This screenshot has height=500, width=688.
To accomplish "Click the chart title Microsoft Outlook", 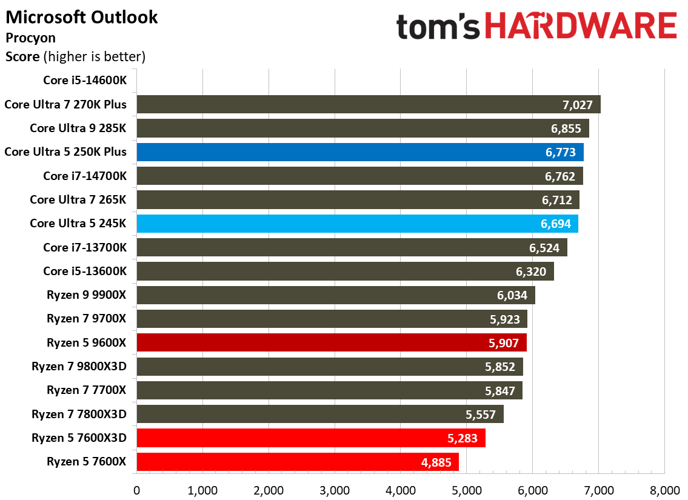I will pos(82,17).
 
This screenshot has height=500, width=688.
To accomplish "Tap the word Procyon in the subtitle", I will pos(30,38).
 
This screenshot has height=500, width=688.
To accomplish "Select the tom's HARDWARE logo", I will pos(536,27).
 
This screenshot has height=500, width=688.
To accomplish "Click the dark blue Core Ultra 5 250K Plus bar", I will pos(360,152).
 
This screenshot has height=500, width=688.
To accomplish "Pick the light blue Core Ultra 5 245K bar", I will pos(357,224).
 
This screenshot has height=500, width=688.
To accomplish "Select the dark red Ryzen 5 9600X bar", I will pos(332,342).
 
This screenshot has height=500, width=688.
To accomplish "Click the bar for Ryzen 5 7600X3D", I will pos(311,438).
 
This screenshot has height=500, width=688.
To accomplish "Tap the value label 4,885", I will pos(436,462).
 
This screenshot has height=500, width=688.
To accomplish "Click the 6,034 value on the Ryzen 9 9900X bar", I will pos(512,295).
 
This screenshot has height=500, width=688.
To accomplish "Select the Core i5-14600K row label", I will pos(85,80).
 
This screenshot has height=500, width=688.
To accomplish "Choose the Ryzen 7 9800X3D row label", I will pos(79,366).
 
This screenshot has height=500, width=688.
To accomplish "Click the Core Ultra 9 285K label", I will pos(78,128).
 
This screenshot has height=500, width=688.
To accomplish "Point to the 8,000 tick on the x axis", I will pos(664,489).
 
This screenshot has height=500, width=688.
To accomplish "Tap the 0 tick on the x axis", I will pos(137,489).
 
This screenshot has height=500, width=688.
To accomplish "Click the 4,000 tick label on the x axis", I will pos(401,489).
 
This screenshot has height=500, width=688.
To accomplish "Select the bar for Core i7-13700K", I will pos(352,247).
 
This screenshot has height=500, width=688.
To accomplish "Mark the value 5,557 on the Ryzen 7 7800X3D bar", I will pos(481,415).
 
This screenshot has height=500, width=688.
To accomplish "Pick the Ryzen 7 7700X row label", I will pos(87,390).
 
